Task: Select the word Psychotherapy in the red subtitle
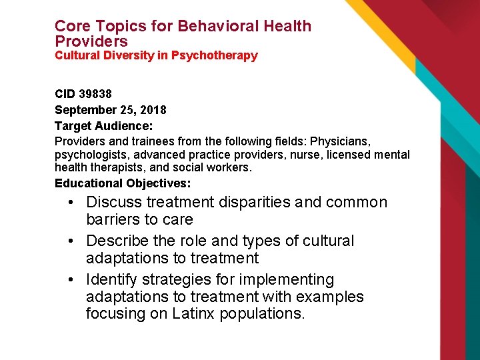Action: (214, 55)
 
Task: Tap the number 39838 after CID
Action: (95, 95)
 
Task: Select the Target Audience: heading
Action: (103, 125)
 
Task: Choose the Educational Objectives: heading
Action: (123, 183)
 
